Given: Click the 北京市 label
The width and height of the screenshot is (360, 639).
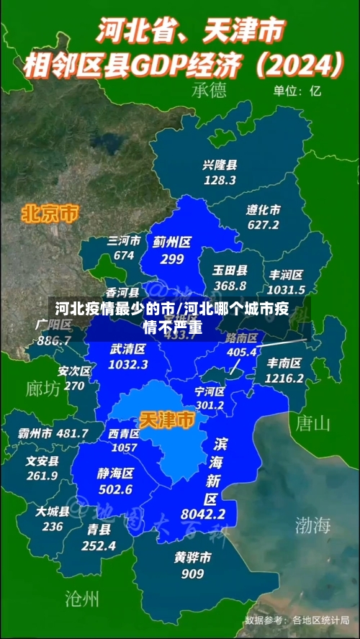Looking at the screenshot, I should coord(50,213).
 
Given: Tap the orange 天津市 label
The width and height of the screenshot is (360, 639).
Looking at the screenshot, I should coord(166,419).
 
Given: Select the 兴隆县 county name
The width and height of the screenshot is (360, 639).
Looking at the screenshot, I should coord(220,165).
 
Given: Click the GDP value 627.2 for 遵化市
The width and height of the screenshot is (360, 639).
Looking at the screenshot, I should coord(263,225).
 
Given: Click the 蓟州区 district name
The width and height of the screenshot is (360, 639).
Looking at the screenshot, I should coord(172,243).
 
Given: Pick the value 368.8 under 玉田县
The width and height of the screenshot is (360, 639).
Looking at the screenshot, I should coord(230,286).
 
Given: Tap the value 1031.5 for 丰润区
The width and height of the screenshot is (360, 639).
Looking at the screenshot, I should coord(287,289).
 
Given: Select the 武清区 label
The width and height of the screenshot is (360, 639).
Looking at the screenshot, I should coord(128,349).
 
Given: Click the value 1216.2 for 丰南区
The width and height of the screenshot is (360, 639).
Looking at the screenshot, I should coord(284,378).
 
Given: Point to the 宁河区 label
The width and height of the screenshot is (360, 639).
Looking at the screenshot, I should coord(210,391).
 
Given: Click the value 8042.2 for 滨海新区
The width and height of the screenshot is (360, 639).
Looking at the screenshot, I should coord(203,514).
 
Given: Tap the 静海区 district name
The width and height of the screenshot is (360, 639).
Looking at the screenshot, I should coord(115,473).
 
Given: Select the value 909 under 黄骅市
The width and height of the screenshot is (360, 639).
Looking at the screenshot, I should coord(192,574).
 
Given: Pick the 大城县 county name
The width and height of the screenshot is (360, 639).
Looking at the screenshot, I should coord(53,512).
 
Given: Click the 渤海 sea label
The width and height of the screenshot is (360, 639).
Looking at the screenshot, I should coord(312,525).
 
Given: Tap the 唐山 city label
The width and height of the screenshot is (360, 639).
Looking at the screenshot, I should coord(312,422).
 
